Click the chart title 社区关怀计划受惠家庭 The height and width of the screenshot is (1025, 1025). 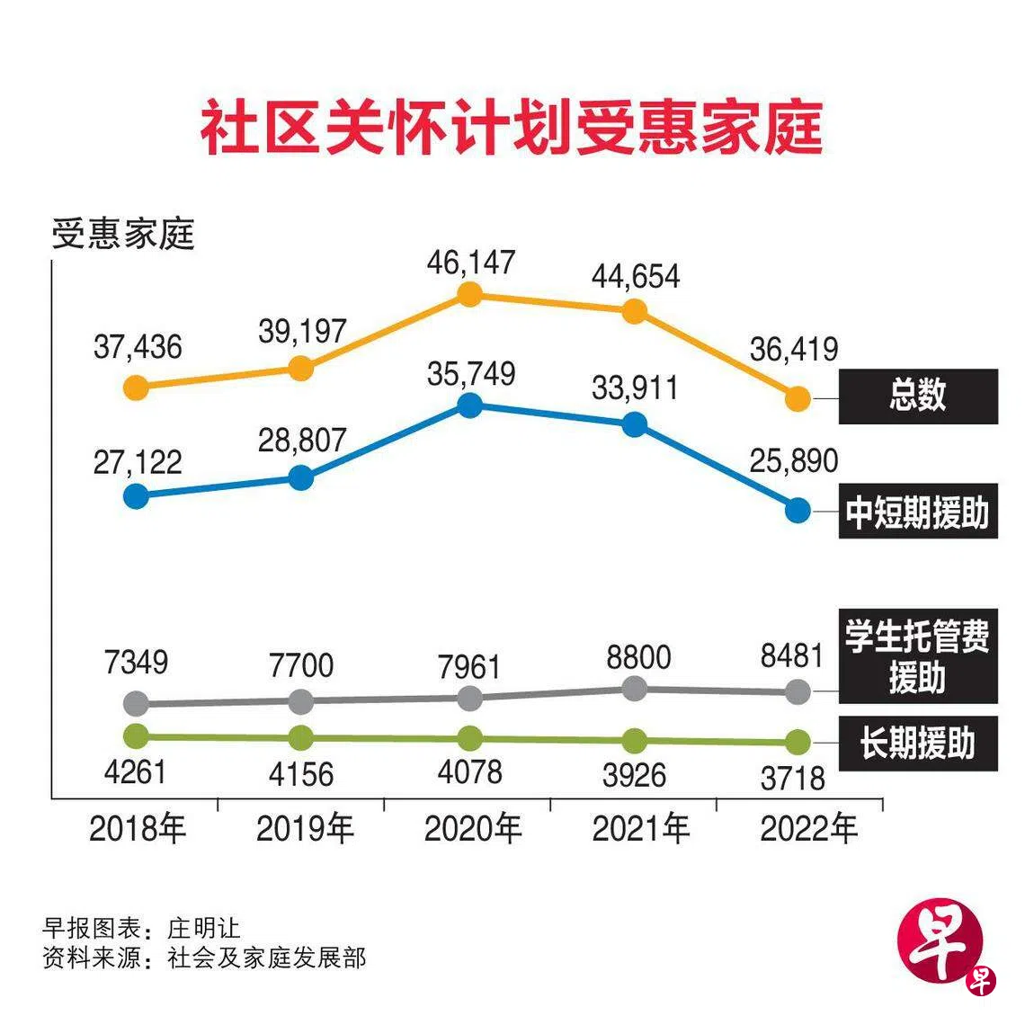(x=511, y=129)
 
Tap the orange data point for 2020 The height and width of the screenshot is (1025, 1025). (x=468, y=295)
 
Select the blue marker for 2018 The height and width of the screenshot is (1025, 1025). (x=136, y=495)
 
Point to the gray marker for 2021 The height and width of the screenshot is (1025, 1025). (x=635, y=689)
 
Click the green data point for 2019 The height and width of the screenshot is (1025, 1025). (x=301, y=737)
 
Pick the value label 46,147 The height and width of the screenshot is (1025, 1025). (x=470, y=262)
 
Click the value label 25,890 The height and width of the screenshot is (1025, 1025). (x=793, y=460)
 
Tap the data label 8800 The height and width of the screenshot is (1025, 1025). (x=638, y=657)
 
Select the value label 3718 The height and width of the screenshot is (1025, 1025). (x=792, y=778)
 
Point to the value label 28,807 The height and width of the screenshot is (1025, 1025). (x=302, y=440)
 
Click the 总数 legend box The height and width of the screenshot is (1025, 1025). (x=917, y=396)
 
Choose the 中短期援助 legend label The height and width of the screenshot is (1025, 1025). (x=917, y=512)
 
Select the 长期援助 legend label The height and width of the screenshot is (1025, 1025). (x=917, y=744)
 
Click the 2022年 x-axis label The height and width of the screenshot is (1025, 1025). (x=808, y=828)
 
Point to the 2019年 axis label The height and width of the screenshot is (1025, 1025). (x=305, y=828)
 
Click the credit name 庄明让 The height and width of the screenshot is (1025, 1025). (x=204, y=927)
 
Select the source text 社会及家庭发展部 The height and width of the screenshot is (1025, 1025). (x=267, y=958)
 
